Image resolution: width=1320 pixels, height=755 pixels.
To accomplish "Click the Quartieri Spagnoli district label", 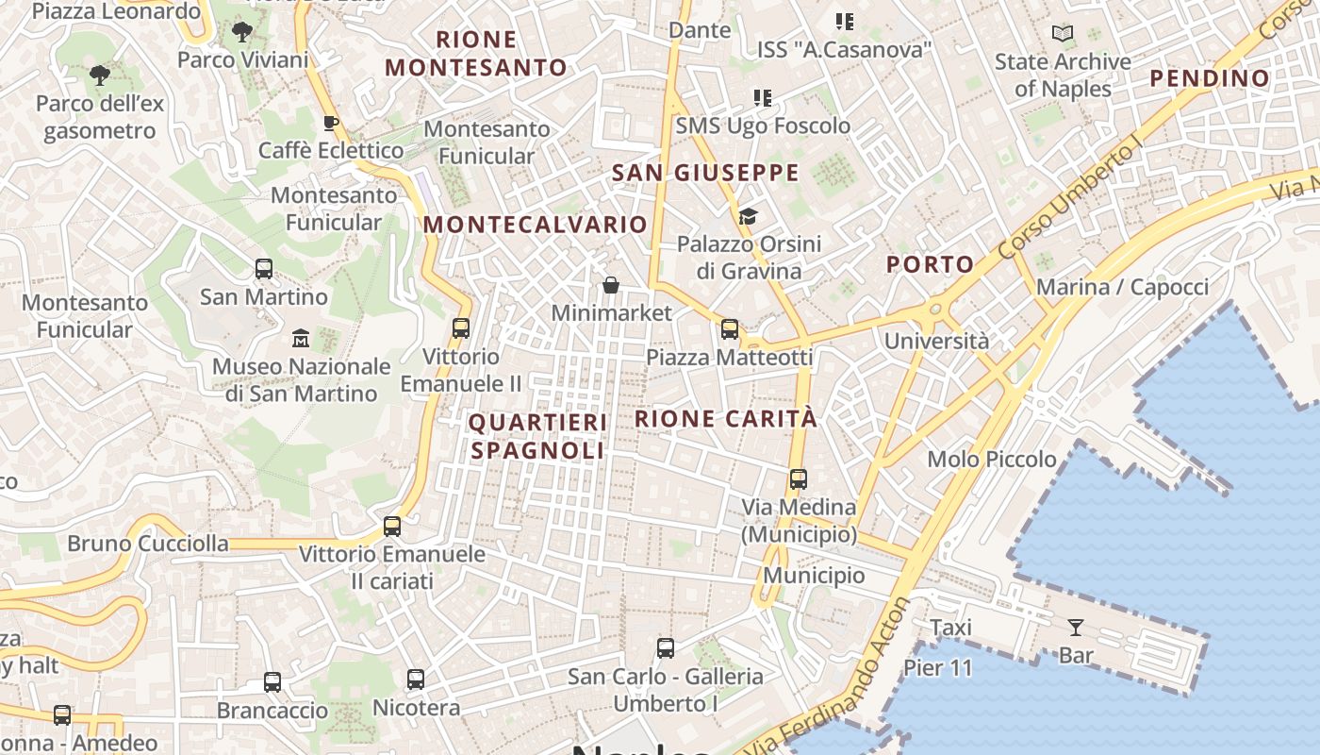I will (x=537, y=436).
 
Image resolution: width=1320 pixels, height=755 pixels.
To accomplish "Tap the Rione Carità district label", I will (x=726, y=418).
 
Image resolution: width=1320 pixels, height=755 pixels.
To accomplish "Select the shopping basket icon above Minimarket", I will (x=611, y=284).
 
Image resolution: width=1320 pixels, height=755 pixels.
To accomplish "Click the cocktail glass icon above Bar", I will (x=1075, y=627).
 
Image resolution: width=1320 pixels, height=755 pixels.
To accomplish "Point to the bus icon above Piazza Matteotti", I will (x=729, y=329).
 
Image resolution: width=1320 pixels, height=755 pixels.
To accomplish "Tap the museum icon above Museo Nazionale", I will (x=301, y=338).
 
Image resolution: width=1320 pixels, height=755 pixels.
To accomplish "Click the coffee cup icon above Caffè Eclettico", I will (x=331, y=123).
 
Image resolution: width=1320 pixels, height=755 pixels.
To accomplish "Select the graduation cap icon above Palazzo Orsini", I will (x=748, y=216).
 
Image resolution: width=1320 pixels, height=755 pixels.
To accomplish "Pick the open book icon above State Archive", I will (x=1063, y=34).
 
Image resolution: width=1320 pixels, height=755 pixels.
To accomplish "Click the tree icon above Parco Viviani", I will (x=242, y=32).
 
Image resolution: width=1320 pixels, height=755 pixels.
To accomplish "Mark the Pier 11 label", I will (x=937, y=667).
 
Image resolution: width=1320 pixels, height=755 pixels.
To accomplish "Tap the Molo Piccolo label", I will (x=992, y=460).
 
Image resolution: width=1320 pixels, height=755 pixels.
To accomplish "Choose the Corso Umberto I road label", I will (x=1070, y=201).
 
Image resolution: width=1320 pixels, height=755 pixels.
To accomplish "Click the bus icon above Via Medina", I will (x=799, y=479).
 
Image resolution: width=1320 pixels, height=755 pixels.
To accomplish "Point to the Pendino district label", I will (x=1210, y=78).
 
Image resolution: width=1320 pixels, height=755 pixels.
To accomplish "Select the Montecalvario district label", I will (x=535, y=225).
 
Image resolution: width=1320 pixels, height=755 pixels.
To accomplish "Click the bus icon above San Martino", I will (x=264, y=269).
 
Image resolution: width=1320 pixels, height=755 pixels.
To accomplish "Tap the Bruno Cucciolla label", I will (x=148, y=544).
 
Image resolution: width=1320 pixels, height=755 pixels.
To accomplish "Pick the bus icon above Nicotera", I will (x=416, y=679).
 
